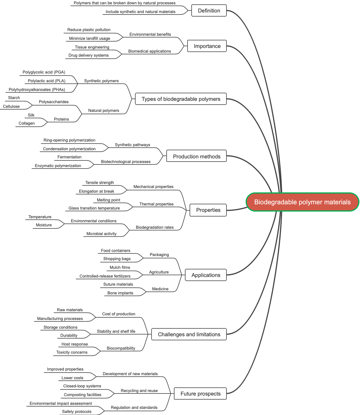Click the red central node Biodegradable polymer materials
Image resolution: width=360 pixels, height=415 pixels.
coord(302,202)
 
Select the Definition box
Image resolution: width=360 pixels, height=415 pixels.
coord(209,11)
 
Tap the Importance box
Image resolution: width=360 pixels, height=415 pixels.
coord(207,46)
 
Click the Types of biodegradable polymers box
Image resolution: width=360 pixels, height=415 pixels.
coord(181,99)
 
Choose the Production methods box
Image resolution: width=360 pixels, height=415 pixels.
coord(197,157)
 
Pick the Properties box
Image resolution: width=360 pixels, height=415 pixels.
coord(208,210)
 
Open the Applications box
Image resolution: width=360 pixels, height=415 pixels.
coord(206,275)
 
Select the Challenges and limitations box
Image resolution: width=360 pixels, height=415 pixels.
coord(189,334)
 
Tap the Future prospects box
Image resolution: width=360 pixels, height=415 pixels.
coord(200,394)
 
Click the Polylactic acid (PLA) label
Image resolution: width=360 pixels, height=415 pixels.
coord(46,81)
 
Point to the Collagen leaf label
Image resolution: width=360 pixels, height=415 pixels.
coord(27,123)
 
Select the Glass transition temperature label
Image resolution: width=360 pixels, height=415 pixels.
coord(94,208)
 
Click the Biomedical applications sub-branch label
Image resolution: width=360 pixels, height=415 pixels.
coord(150,51)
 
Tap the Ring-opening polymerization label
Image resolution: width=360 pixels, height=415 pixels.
coord(69,140)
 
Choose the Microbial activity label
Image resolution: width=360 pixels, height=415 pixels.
coord(101,234)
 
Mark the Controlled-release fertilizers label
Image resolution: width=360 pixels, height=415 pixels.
coord(105,276)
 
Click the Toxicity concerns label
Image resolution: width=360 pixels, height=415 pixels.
coord(72,352)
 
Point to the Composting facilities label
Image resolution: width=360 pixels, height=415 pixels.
coord(82,395)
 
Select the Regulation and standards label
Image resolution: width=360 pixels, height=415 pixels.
coord(134,407)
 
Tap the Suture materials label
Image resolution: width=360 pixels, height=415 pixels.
coord(118,284)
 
